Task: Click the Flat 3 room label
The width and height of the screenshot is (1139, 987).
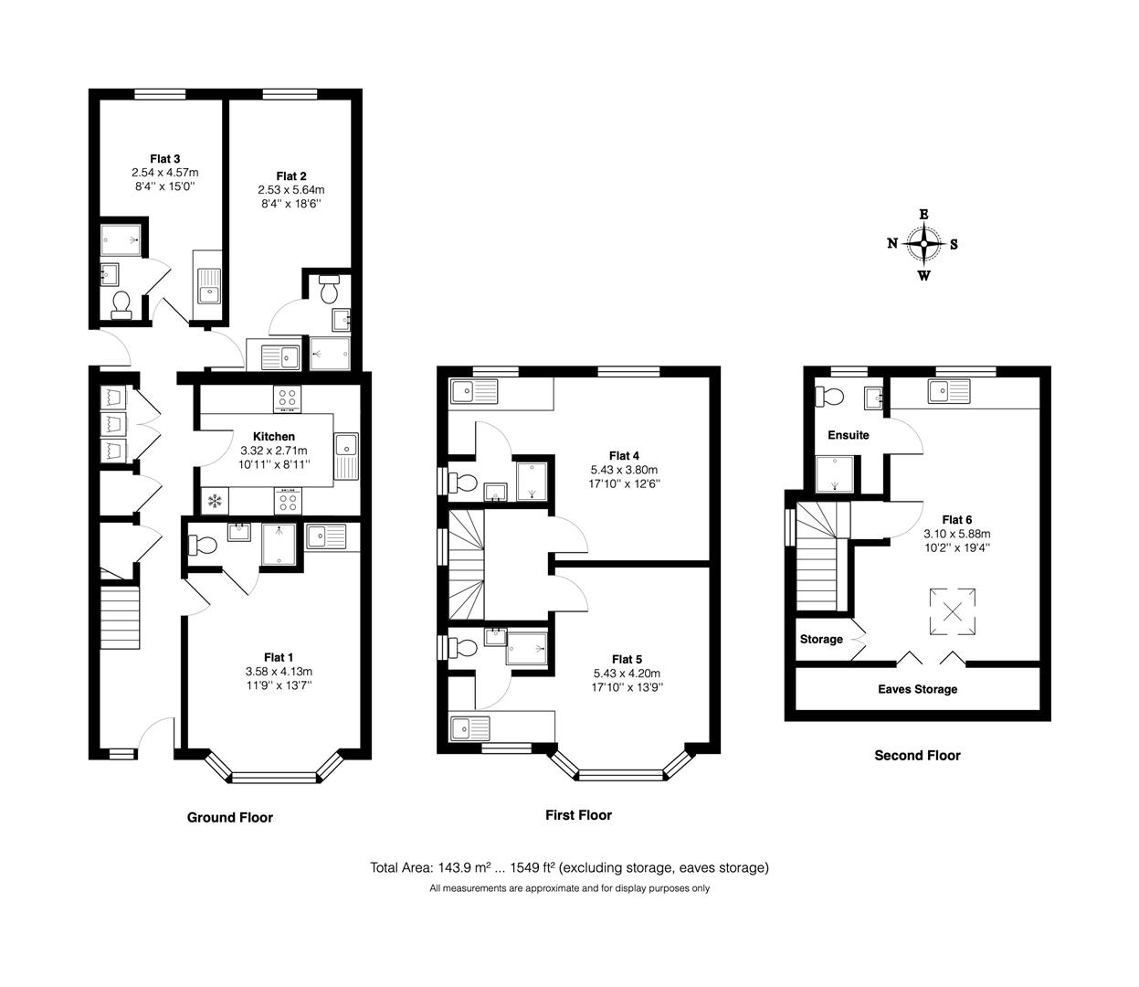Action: coord(164,159)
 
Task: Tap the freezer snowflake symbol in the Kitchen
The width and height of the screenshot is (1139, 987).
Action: coord(214,501)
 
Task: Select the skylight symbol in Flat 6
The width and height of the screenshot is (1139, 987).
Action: coord(952,611)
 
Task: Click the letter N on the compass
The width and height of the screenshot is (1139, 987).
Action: coord(892,243)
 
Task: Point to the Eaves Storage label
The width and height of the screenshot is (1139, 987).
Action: coord(917,689)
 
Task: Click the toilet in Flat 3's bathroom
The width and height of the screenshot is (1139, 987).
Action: coord(121,305)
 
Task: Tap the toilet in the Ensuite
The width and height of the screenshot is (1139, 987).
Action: coord(829,396)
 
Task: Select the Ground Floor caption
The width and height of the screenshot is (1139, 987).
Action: coord(230,817)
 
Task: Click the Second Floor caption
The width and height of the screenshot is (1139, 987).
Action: coord(917,756)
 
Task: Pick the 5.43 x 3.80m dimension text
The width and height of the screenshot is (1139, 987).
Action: coord(625,470)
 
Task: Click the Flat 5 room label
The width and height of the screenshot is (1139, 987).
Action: coord(628,659)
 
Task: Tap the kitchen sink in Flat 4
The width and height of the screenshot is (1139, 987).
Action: coord(474,391)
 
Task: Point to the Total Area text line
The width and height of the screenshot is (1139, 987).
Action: coord(569,868)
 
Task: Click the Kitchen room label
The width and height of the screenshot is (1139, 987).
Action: coord(274,436)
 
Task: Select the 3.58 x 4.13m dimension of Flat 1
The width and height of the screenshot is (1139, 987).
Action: coord(279,671)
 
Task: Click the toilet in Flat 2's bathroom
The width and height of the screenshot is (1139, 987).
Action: coord(329,289)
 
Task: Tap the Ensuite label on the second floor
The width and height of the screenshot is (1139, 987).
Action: coord(848,434)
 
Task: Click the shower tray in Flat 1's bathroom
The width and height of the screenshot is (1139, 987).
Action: coord(279,545)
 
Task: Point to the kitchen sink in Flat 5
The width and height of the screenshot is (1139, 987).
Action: coord(470,727)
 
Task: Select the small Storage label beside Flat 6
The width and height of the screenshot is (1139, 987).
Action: coord(821,639)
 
